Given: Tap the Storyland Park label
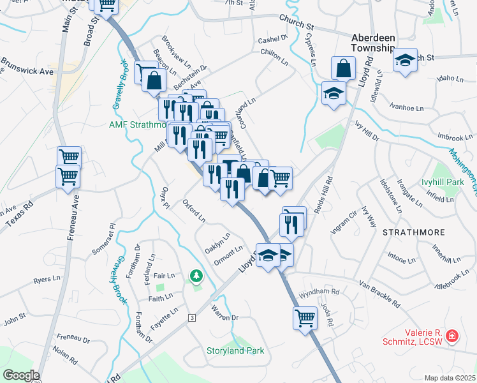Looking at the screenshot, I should click(x=235, y=350).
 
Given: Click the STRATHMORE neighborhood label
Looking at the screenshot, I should click(x=413, y=234).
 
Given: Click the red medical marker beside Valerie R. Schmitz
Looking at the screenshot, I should click(x=452, y=335).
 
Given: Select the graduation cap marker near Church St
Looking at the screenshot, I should click(x=404, y=61).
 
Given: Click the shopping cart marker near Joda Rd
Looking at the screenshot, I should click(x=305, y=316).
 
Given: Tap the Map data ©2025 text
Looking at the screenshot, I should click(x=450, y=378).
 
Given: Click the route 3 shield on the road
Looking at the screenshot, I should click(x=191, y=317).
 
